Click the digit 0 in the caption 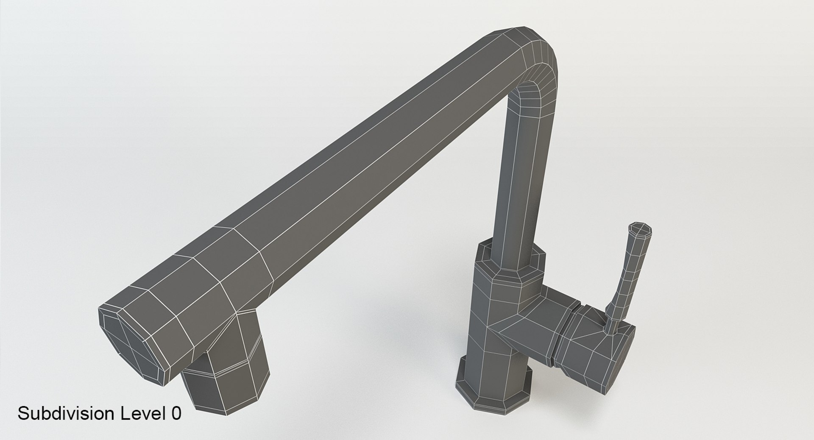click(177, 413)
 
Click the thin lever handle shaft click(627, 271)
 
